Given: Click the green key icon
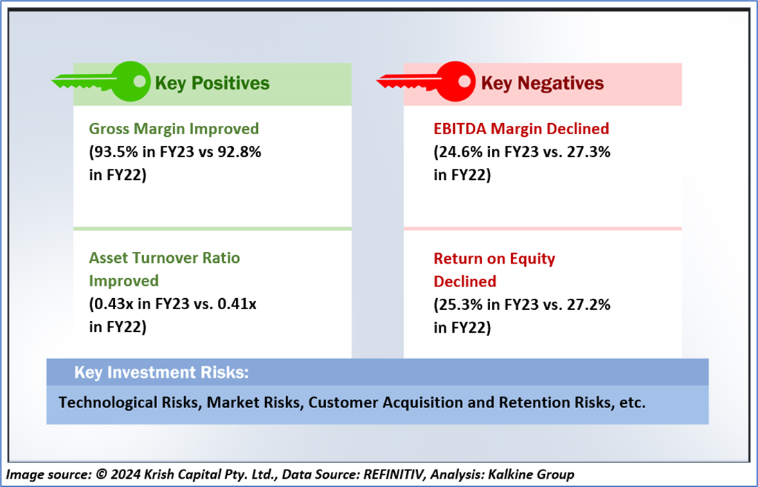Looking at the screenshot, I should [104, 81].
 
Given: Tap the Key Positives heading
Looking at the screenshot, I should [212, 84].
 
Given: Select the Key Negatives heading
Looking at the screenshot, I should [542, 84].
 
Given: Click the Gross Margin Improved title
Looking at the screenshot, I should [174, 129].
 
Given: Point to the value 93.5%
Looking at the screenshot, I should [115, 152].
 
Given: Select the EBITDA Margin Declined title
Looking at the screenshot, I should [521, 129].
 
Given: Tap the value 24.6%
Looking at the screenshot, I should [460, 152].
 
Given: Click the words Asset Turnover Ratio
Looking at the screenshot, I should [165, 258].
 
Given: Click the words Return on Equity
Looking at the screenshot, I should [494, 259].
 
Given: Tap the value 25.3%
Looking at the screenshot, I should [460, 304].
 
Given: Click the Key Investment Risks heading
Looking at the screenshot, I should [161, 373].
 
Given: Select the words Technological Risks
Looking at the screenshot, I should [128, 403].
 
